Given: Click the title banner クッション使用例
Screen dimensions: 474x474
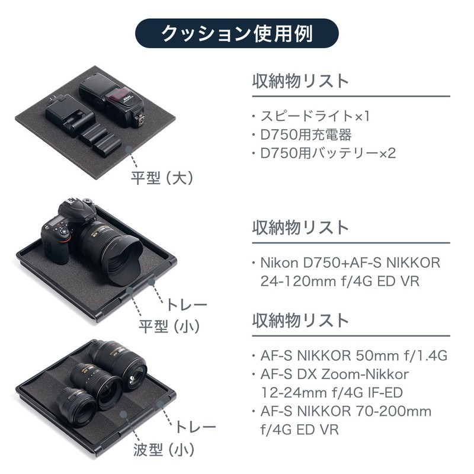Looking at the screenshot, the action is pyautogui.click(x=236, y=33).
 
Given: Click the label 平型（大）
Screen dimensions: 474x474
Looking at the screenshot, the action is pyautogui.click(x=162, y=178).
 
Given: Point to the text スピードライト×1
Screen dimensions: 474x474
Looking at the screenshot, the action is pyautogui.click(x=315, y=116).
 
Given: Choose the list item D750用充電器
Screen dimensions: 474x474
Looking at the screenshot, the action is pyautogui.click(x=306, y=135).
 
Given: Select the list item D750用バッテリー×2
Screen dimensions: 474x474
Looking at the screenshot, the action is pyautogui.click(x=328, y=153).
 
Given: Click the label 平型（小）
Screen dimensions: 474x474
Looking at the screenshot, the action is pyautogui.click(x=169, y=326).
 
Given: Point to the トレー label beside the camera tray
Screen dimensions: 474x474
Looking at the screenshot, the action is pyautogui.click(x=187, y=305).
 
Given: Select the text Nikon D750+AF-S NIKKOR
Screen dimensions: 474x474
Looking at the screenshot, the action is pyautogui.click(x=350, y=263).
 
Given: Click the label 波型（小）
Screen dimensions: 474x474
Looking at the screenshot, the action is pyautogui.click(x=164, y=450).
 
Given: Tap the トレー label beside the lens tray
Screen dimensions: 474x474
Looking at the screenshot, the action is pyautogui.click(x=196, y=427).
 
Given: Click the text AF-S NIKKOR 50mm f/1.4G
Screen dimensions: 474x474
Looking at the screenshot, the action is pyautogui.click(x=354, y=355).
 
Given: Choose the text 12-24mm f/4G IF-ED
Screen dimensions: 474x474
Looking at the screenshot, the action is pyautogui.click(x=332, y=393).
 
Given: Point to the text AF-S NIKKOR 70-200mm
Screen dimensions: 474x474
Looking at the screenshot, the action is pyautogui.click(x=346, y=411).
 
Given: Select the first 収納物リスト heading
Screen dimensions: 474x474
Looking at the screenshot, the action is pyautogui.click(x=300, y=81).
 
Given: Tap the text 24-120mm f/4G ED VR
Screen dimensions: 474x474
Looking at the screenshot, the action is pyautogui.click(x=340, y=281).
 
